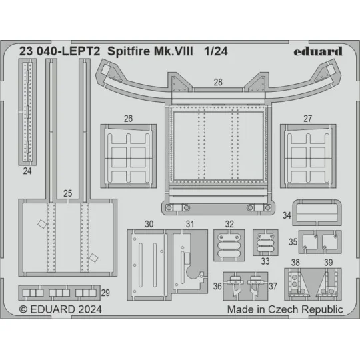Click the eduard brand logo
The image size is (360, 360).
pyautogui.click(x=317, y=51)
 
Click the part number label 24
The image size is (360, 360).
pyautogui.click(x=27, y=170)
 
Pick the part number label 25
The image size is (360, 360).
pyautogui.click(x=67, y=193)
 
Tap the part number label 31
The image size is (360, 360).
pyautogui.click(x=191, y=223)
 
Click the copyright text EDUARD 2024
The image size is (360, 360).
pyautogui.click(x=57, y=309)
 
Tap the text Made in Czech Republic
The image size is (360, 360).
pyautogui.click(x=285, y=309)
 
